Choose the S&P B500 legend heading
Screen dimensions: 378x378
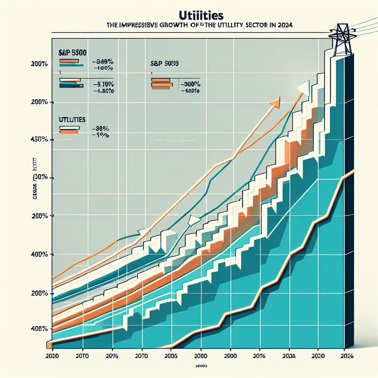[73, 52]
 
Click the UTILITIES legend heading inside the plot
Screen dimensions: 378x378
[72, 120]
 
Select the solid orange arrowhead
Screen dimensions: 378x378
[275, 102]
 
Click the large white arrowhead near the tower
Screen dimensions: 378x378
[303, 87]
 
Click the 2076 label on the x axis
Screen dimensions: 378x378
[260, 357]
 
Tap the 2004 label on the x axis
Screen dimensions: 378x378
[289, 357]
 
